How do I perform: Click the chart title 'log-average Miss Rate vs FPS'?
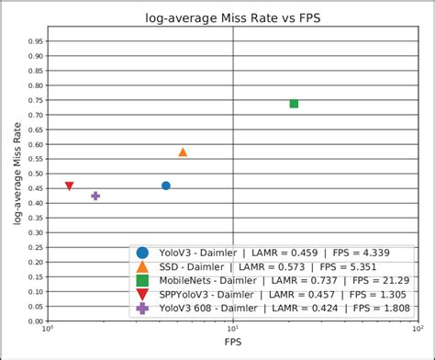232,17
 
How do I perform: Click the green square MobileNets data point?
294,104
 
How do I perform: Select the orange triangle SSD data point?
183,152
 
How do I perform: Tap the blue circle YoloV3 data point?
166,186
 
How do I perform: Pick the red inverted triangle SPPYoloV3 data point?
70,186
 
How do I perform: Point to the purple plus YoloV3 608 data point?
95,196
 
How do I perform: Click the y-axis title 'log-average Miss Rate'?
17,175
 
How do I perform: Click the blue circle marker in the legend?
142,253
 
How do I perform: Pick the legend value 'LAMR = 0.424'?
309,309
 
